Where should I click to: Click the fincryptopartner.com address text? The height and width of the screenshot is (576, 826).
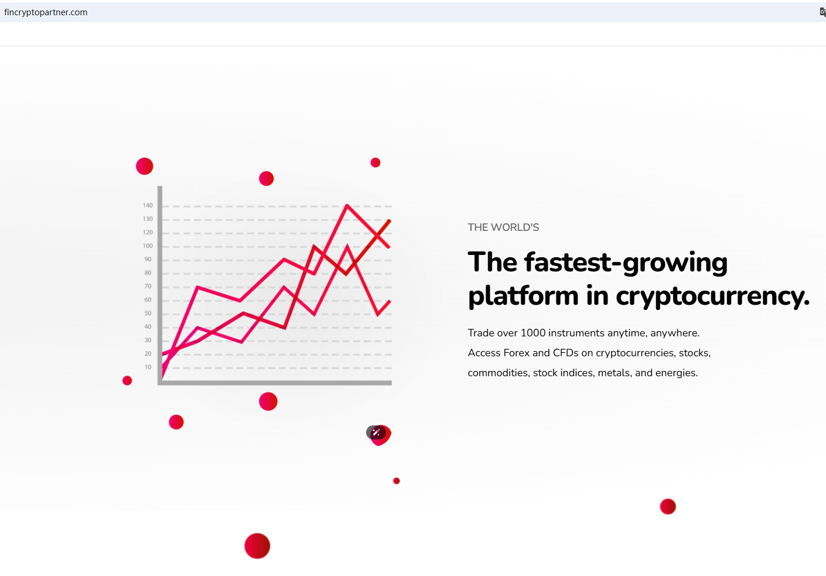[x=46, y=12]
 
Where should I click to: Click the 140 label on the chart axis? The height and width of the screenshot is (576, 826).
[x=148, y=206]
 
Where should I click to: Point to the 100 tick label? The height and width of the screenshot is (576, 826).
[x=148, y=246]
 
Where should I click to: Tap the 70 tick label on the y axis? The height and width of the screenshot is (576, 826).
[x=148, y=286]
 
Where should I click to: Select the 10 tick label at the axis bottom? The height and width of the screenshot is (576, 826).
[x=148, y=367]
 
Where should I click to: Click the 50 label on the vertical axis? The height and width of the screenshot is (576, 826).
[x=148, y=313]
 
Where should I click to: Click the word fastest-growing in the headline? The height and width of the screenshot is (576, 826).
[x=626, y=263]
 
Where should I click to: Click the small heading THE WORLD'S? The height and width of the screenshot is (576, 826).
[x=503, y=227]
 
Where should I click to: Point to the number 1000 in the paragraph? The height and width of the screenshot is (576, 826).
[x=533, y=333]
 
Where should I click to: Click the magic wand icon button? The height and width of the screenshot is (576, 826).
[x=376, y=432]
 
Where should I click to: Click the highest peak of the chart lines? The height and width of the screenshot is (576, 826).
[x=347, y=205]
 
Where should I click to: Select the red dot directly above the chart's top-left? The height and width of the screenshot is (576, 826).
[x=145, y=166]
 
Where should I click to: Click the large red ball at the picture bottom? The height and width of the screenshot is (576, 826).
[x=257, y=546]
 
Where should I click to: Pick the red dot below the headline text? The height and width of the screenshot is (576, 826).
[x=668, y=506]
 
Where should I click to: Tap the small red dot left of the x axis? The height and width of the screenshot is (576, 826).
[x=127, y=380]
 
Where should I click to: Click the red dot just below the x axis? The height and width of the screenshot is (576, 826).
[x=268, y=401]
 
